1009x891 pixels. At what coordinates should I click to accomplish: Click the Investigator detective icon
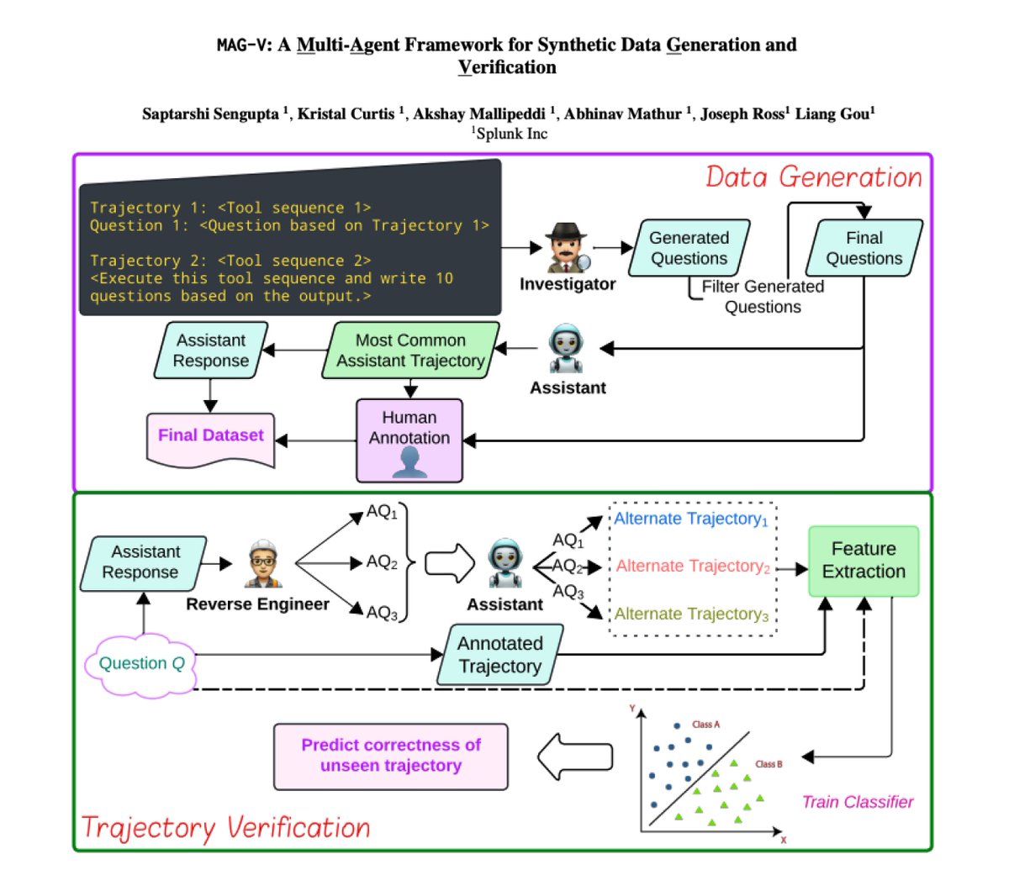[x=568, y=247]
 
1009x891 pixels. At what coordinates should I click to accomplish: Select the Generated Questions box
[x=689, y=247]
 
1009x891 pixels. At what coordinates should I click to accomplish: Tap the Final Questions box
[x=864, y=247]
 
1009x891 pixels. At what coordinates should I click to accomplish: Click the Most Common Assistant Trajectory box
[x=410, y=351]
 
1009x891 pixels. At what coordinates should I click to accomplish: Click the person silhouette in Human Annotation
[x=409, y=461]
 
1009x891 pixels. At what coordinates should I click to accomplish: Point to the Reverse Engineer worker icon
[x=263, y=563]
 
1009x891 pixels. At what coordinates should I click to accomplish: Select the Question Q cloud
[x=141, y=664]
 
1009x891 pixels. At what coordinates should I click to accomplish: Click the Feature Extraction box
[x=863, y=561]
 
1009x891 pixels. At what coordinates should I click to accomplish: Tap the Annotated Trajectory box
[x=500, y=655]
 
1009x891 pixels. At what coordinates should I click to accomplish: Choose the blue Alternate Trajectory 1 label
[x=691, y=519]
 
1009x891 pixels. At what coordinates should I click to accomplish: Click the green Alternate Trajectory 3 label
[x=691, y=614]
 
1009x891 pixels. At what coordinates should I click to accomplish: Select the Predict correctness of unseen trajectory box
[x=391, y=756]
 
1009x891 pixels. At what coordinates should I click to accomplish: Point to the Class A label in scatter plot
[x=705, y=725]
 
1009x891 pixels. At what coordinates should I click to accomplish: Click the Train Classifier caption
[x=858, y=802]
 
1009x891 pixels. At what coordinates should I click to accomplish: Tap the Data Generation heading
[x=814, y=177]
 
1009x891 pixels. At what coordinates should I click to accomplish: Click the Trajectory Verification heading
[x=225, y=829]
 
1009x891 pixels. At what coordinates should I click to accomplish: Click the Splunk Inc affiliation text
[x=510, y=134]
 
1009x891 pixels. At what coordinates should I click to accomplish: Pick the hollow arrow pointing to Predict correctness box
[x=575, y=757]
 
